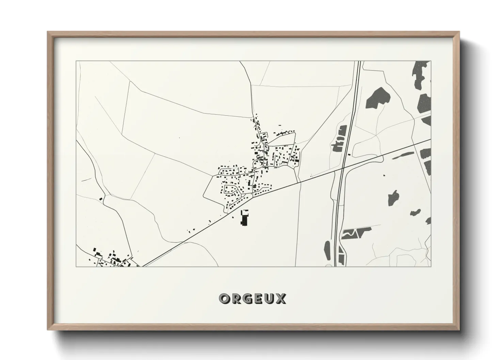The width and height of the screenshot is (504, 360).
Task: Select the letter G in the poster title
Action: [247, 299]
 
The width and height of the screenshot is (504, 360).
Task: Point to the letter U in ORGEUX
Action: [269, 299]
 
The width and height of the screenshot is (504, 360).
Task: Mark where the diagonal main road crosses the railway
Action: [343, 167]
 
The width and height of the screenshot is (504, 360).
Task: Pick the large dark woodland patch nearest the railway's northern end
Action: [376, 98]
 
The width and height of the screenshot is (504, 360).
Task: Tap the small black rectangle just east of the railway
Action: [349, 155]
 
